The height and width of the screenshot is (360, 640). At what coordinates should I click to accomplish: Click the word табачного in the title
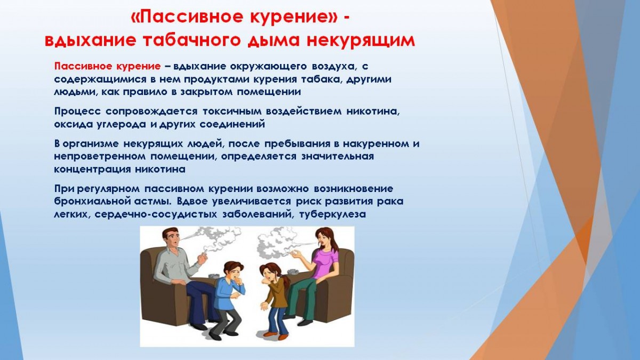[194, 41]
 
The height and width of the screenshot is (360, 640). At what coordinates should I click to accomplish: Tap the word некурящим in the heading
[361, 41]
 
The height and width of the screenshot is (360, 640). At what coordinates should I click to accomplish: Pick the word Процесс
[77, 111]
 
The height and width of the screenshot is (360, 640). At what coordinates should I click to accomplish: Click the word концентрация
[93, 170]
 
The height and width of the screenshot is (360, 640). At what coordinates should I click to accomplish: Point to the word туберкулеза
[332, 214]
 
